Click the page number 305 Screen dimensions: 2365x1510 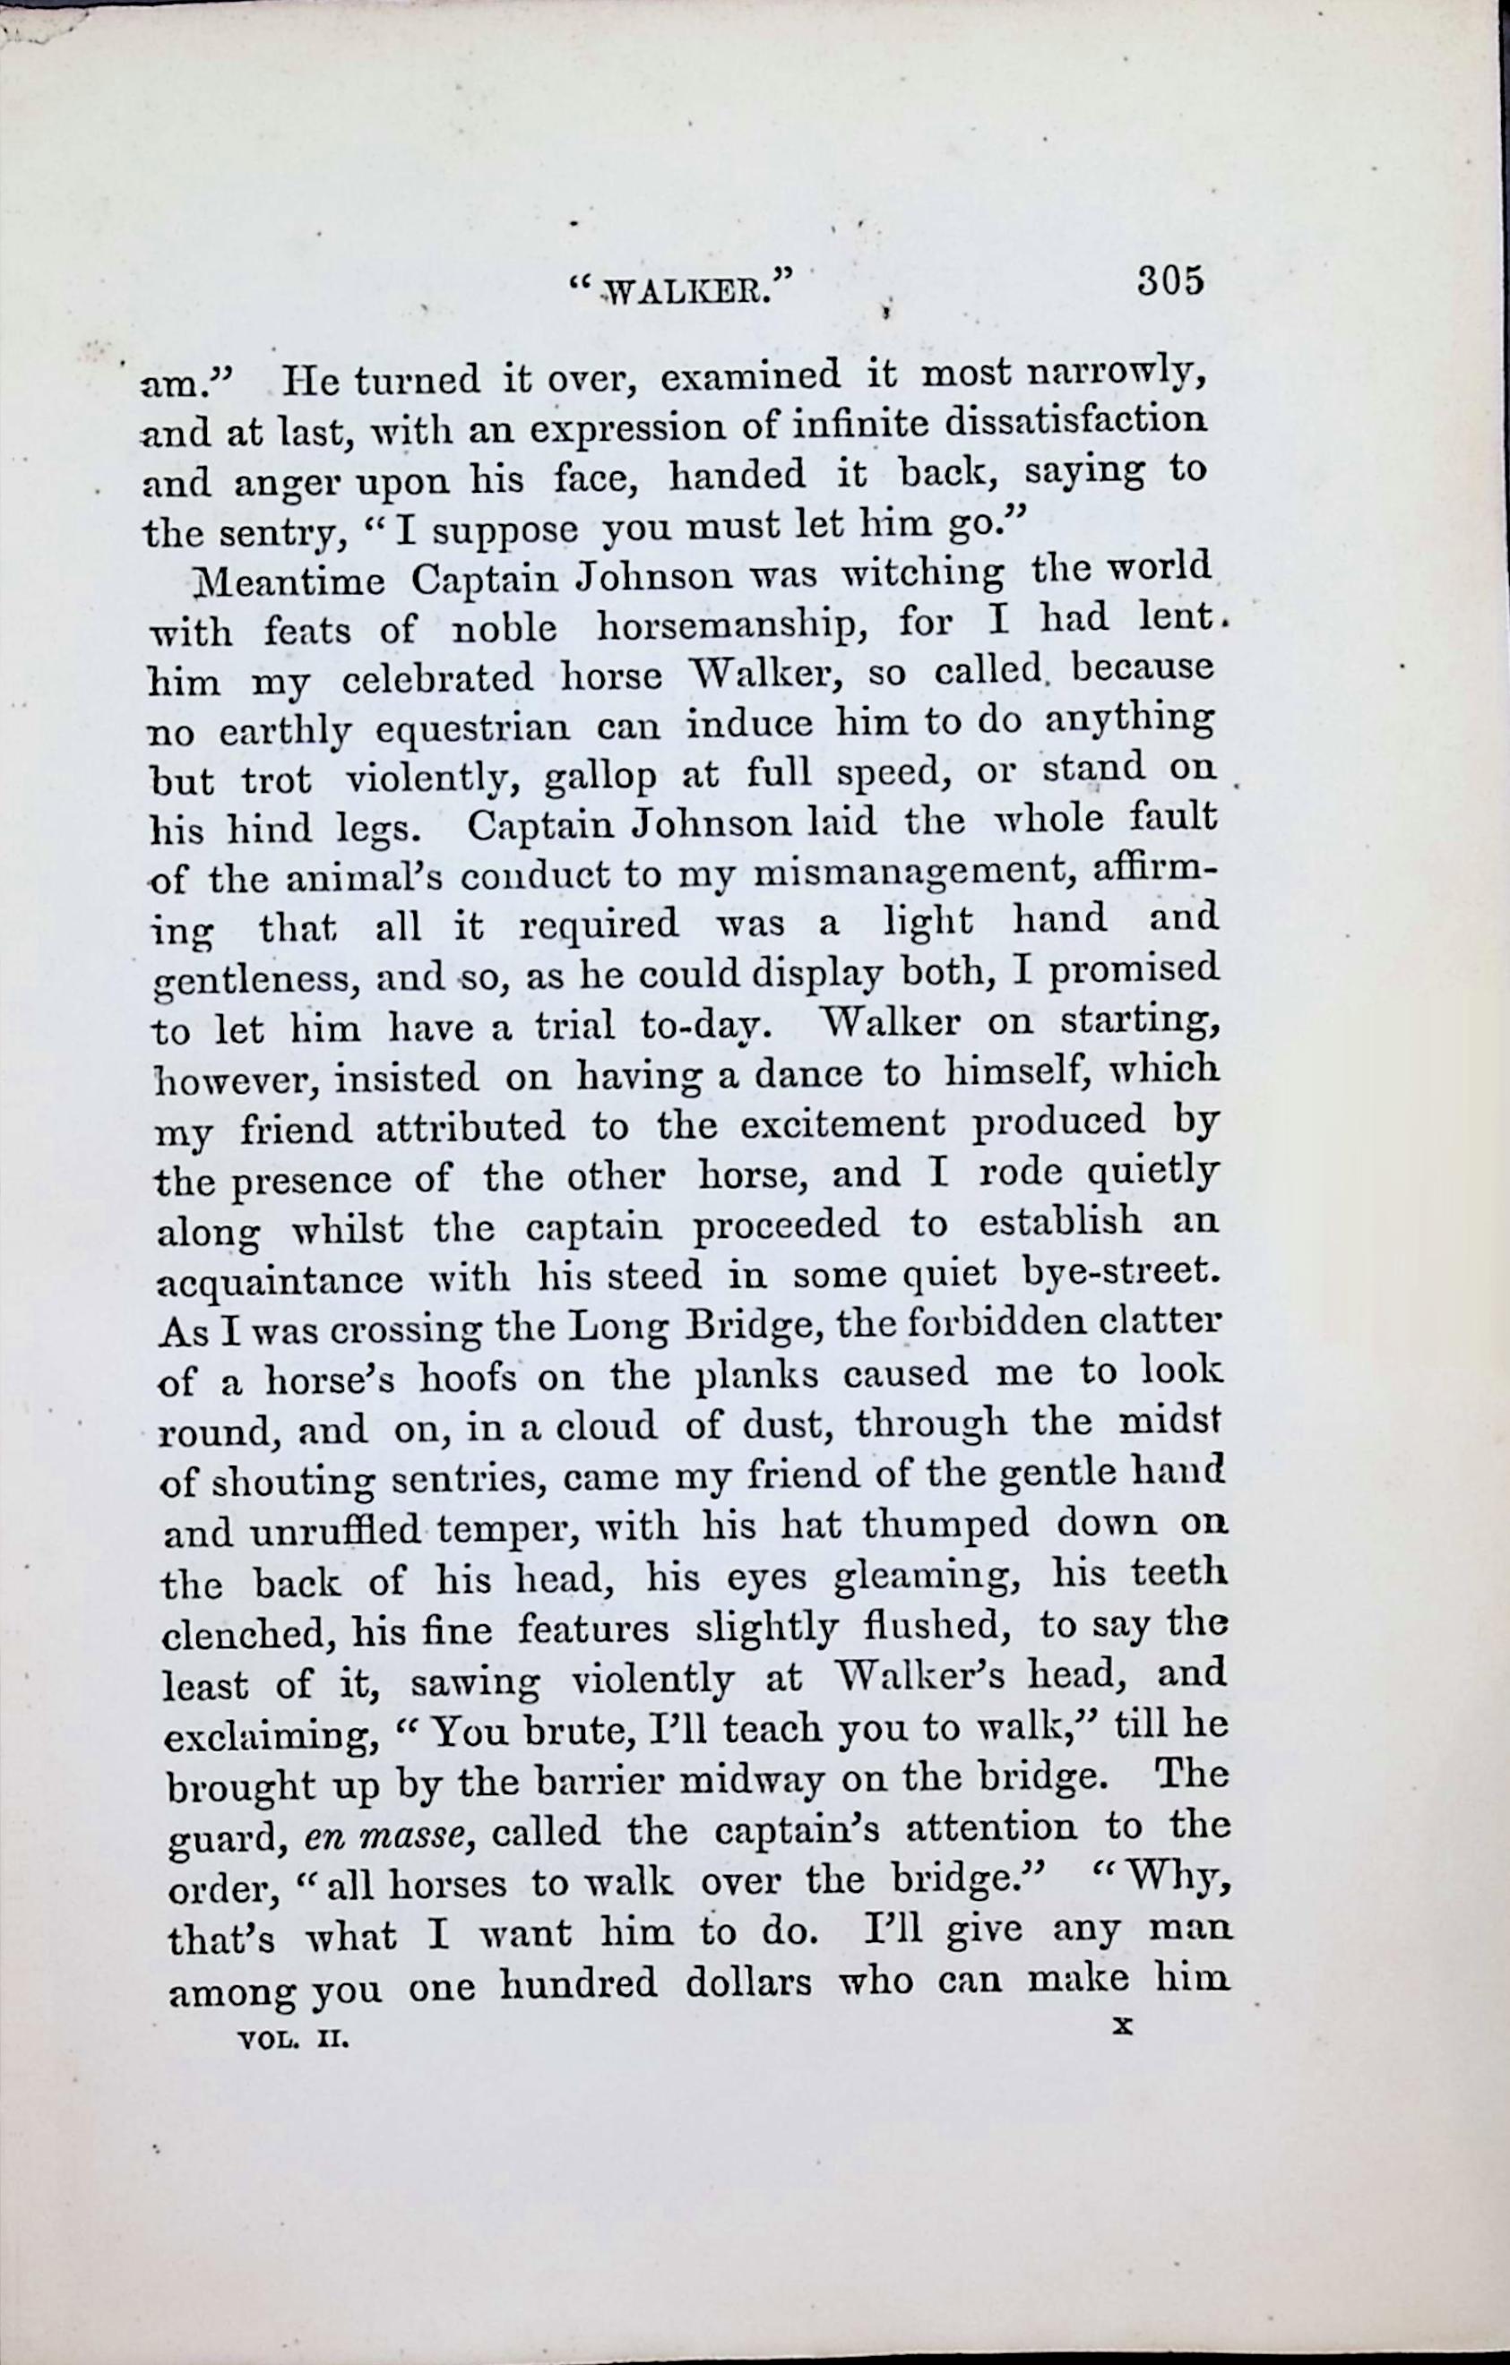pyautogui.click(x=1170, y=281)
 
